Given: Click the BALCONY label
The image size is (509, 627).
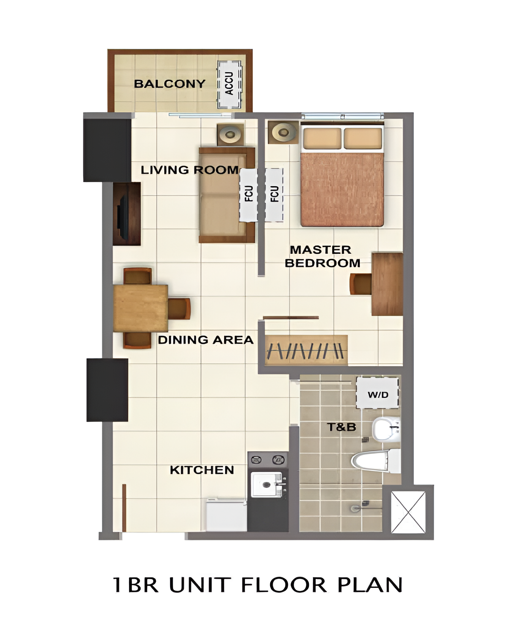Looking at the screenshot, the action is coord(170,84).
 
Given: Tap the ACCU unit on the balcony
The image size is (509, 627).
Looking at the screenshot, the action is coord(229,84).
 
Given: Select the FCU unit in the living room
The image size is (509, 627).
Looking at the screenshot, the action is coord(248,195).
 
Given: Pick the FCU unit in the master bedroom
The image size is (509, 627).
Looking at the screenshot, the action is coord(274,195).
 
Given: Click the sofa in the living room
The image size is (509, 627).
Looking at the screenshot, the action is coord(227,195).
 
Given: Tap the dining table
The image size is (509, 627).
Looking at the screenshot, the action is coord(141,308).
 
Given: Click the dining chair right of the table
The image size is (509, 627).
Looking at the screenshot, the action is coord(179,309).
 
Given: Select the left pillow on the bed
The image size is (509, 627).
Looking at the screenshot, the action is coord(322,138).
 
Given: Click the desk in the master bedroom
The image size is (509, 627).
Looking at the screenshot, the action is coord(387,284).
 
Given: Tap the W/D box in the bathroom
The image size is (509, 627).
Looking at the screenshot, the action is coord(378,393).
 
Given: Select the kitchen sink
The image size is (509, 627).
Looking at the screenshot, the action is coord(267,484).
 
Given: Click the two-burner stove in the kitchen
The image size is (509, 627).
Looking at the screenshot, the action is coord(268,460).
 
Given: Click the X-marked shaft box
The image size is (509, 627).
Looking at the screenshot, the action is coord(408,512).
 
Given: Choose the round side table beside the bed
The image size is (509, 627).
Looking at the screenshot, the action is coord(283,133).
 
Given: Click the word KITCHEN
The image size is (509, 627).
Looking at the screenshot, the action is coord(202,470).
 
